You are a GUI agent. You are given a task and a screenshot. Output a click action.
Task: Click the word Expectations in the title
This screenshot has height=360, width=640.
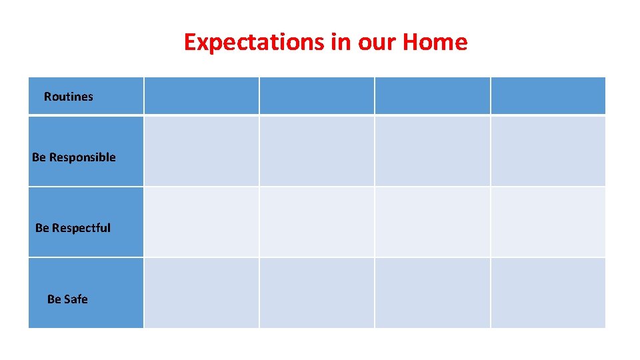pos(253,42)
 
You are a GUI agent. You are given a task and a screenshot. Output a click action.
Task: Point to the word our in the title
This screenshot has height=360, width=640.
pos(377,42)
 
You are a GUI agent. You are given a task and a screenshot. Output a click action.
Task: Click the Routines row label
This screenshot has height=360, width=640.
pos(69,97)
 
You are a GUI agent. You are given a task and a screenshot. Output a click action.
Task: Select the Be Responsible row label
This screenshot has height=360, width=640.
pos(74,157)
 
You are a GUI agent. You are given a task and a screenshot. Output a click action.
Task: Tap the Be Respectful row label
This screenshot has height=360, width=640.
pos(73,228)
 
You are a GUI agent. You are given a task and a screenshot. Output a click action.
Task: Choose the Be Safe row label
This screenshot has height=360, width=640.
pos(67,299)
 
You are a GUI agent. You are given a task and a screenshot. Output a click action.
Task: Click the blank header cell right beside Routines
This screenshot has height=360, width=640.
pos(201,96)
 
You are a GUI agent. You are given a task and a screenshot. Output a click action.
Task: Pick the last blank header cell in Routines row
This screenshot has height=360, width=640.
pos(548,96)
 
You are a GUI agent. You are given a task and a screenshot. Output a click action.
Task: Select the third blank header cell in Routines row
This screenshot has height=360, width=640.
pos(432,96)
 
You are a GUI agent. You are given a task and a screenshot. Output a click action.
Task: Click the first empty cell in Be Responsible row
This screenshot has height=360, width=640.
pos(201,151)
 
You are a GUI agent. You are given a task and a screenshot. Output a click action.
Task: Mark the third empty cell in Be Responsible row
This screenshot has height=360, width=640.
pos(432,151)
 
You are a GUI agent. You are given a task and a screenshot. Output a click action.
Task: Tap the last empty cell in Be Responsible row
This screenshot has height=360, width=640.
pos(548,151)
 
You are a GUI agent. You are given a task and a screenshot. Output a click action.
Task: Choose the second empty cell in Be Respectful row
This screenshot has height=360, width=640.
pos(317,222)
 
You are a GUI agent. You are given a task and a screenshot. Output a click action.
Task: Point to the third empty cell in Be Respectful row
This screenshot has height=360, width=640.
pos(432,222)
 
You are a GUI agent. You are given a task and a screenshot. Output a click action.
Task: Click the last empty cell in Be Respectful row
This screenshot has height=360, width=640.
pos(548,222)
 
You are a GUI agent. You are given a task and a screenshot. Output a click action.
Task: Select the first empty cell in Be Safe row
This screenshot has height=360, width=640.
pos(201,293)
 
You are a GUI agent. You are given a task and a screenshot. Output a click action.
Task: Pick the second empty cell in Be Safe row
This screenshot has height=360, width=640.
pos(317,293)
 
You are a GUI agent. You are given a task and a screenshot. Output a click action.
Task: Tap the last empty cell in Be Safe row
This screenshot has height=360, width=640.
pos(548,293)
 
